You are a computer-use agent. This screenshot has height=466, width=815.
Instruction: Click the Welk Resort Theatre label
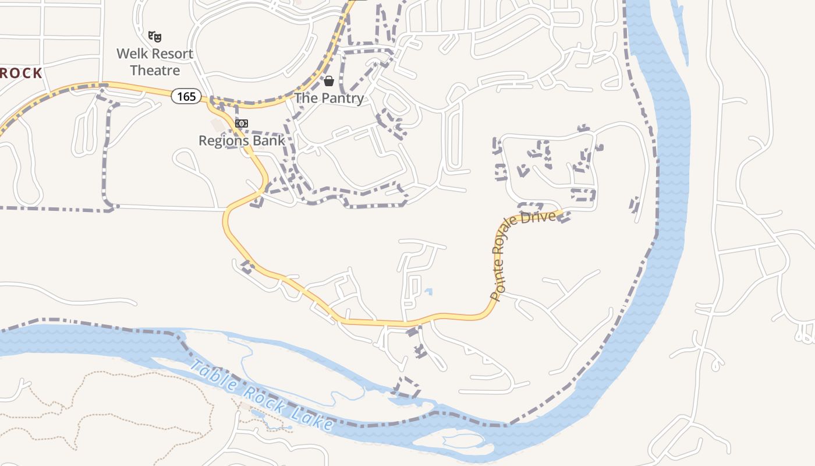click(155, 62)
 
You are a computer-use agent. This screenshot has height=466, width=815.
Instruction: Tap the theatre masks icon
click(154, 37)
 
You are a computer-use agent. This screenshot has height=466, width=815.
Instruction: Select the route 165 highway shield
click(186, 96)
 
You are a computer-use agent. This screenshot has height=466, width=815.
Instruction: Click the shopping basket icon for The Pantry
click(329, 80)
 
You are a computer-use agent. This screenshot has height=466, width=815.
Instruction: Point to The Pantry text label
click(329, 98)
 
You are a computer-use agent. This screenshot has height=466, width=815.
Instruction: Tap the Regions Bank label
click(242, 140)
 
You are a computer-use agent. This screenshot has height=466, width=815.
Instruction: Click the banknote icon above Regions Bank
click(242, 123)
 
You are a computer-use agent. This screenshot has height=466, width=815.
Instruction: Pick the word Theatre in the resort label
click(155, 70)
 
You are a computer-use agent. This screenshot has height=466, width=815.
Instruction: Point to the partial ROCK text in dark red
click(21, 73)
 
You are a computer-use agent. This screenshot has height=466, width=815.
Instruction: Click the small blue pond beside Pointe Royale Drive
click(429, 292)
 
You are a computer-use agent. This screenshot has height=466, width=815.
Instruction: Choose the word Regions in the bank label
click(225, 140)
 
